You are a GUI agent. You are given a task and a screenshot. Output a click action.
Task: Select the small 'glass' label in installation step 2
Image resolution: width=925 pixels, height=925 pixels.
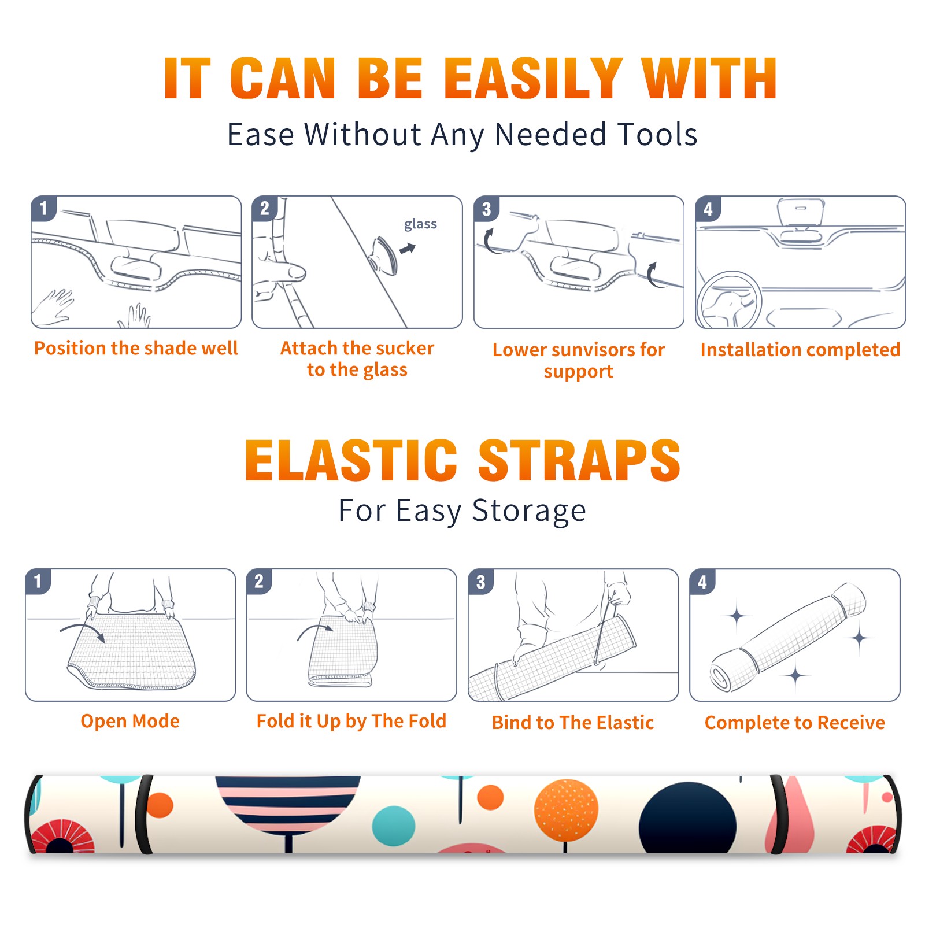click(x=420, y=224)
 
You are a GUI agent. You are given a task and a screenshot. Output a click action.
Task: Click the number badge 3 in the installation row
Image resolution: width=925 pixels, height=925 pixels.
click(x=486, y=209)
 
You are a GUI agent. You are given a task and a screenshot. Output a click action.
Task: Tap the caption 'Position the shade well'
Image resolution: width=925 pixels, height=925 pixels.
click(x=136, y=348)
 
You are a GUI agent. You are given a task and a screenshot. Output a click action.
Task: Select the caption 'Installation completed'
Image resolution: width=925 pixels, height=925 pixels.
click(x=800, y=349)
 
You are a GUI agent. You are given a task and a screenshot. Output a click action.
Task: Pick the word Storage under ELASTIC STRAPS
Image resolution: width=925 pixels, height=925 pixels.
click(x=529, y=511)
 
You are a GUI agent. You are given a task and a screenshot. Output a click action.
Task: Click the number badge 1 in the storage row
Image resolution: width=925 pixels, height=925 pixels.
click(x=38, y=581)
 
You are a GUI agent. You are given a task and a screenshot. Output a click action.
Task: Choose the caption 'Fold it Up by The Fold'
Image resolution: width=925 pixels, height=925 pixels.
click(x=351, y=721)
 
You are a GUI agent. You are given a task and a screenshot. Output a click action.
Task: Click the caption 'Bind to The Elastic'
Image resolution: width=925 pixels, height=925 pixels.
click(x=573, y=723)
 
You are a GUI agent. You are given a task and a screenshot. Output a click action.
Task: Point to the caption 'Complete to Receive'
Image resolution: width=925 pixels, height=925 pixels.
click(x=795, y=723)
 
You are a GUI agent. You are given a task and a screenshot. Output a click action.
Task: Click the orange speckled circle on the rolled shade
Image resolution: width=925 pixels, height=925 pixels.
click(x=566, y=809)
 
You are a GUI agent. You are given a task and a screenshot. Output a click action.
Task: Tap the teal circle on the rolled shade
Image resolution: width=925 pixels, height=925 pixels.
click(x=394, y=826)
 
